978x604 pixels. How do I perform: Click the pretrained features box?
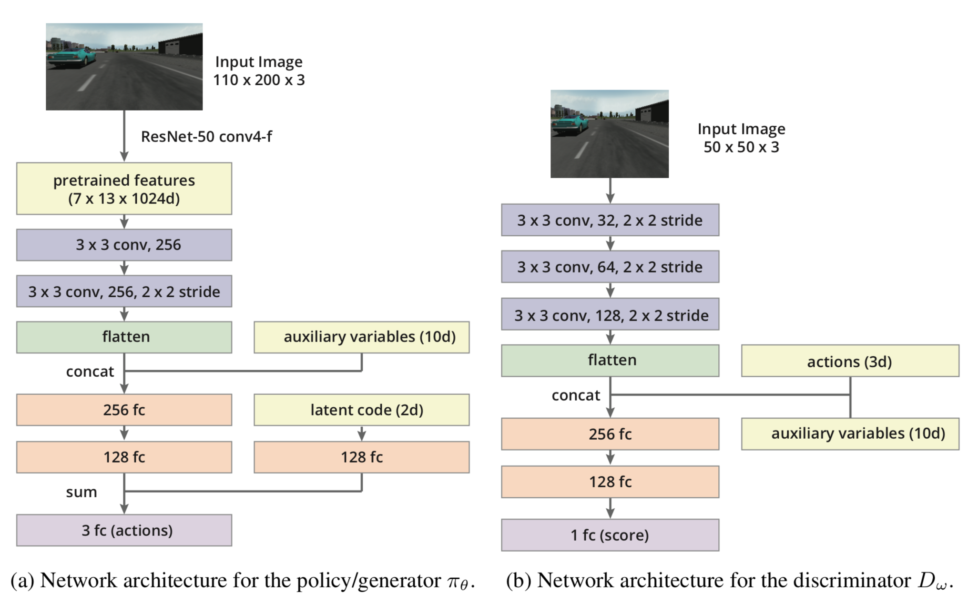[x=124, y=189]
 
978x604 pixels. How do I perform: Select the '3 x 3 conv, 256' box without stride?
[x=124, y=245]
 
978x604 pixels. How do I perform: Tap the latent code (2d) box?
[x=361, y=410]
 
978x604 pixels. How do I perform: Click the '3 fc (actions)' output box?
[x=124, y=530]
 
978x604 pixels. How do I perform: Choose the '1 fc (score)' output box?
[x=610, y=535]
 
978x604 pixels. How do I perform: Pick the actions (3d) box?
[x=850, y=361]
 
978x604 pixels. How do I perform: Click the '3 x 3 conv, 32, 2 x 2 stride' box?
[x=610, y=220]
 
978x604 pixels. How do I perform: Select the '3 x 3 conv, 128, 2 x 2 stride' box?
[x=610, y=314]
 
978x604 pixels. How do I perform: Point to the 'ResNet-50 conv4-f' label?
[x=206, y=137]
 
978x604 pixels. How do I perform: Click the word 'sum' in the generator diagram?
[x=81, y=492]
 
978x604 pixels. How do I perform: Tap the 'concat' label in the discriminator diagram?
[x=576, y=395]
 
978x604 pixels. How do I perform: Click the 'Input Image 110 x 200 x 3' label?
[x=259, y=71]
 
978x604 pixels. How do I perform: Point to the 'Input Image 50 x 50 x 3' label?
[x=741, y=138]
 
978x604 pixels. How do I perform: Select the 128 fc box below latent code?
[x=361, y=457]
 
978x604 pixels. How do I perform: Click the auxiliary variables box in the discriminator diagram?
[x=850, y=433]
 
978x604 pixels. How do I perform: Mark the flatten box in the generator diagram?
[x=124, y=337]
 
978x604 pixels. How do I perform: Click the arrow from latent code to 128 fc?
[x=362, y=433]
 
